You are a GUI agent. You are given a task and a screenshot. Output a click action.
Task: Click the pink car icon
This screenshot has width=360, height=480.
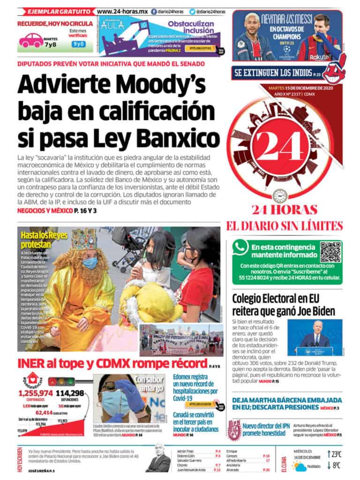click(x=31, y=40)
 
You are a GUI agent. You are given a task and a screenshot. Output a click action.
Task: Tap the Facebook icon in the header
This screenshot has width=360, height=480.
click(x=154, y=11)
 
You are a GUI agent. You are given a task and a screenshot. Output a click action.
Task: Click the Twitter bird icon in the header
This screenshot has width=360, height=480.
click(x=193, y=11)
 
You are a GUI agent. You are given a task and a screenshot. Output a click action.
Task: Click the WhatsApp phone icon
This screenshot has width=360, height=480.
click(x=240, y=247)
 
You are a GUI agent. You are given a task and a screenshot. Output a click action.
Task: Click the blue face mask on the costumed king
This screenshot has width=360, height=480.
click(x=90, y=263)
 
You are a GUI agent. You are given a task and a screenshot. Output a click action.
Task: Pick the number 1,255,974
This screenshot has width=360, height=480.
click(x=35, y=393)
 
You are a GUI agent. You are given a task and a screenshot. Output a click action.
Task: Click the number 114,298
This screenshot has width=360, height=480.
click(x=69, y=393)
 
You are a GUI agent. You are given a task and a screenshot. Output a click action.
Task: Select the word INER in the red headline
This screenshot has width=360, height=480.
click(x=33, y=364)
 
